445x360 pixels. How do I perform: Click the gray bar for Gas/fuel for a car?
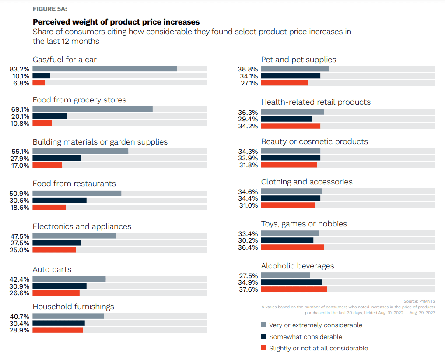(x=105, y=69)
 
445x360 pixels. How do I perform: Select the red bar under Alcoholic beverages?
(x=294, y=289)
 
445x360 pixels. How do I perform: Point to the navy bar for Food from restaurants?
(x=60, y=200)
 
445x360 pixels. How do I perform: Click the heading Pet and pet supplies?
(x=298, y=60)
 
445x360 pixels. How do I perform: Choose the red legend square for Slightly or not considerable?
(x=263, y=348)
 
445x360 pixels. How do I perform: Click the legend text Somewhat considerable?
(x=305, y=337)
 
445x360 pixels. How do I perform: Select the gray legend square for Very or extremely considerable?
(x=263, y=325)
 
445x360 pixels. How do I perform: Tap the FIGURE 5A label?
(x=50, y=9)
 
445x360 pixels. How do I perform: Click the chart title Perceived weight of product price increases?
(x=116, y=22)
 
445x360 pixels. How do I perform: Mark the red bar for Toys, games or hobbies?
(x=292, y=247)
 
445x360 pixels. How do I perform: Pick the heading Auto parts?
(x=52, y=269)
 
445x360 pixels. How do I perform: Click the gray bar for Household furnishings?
(x=68, y=316)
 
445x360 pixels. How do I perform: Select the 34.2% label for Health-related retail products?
(x=249, y=126)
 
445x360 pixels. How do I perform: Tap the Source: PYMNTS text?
(x=419, y=301)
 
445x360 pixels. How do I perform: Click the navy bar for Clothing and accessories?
(x=291, y=198)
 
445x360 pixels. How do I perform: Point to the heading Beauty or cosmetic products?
(x=314, y=141)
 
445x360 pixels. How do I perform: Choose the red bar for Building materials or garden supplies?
(x=47, y=165)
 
